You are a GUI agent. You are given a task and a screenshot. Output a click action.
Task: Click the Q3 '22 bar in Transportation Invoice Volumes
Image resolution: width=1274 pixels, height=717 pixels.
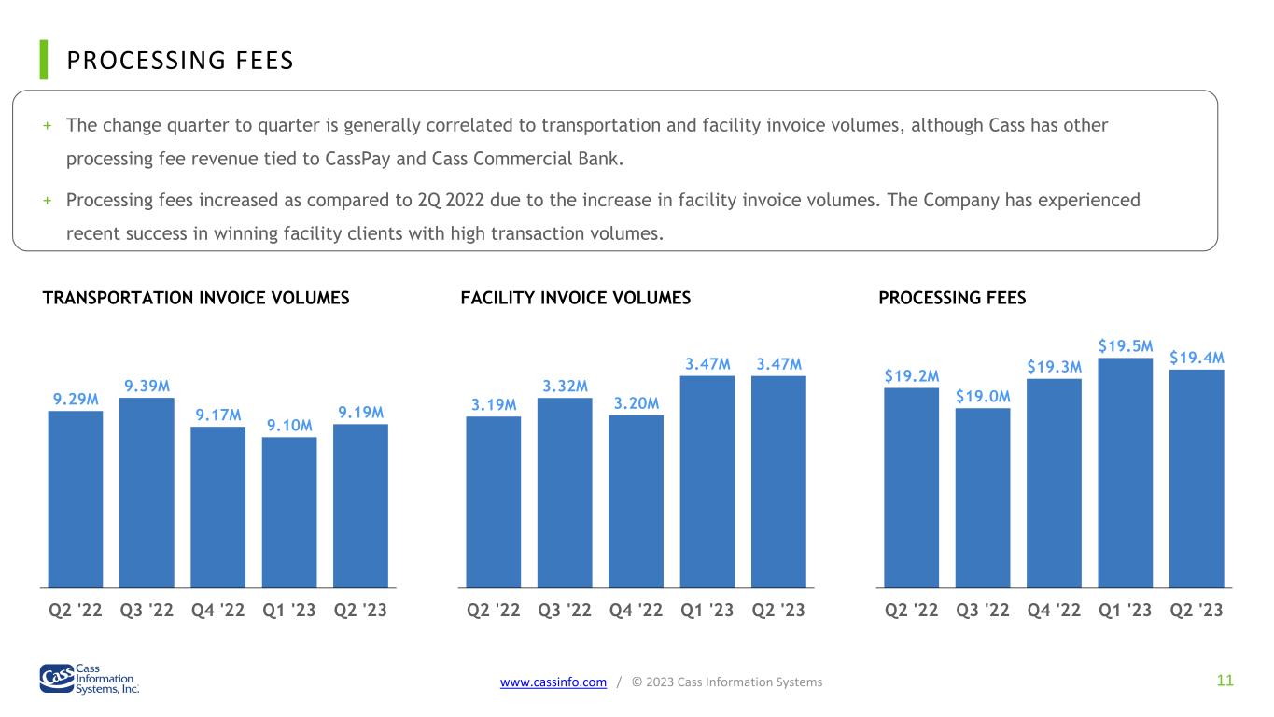147,493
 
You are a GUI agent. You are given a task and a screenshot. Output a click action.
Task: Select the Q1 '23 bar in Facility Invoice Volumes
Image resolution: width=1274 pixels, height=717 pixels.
707,482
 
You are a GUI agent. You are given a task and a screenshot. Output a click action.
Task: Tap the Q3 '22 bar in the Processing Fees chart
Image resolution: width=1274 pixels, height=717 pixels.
983,498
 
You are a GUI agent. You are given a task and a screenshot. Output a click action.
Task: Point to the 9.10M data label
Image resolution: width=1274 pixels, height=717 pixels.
289,426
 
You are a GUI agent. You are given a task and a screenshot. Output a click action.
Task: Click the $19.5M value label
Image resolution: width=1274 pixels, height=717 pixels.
1126,346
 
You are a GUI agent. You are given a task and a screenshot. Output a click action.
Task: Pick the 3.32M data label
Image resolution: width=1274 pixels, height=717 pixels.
565,387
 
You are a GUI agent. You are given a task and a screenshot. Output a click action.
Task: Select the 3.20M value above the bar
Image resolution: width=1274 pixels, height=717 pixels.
636,403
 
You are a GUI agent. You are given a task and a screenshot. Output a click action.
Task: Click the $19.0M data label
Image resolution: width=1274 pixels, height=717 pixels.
983,396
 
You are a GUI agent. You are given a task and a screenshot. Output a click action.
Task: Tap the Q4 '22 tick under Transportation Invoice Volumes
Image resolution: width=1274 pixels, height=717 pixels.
217,610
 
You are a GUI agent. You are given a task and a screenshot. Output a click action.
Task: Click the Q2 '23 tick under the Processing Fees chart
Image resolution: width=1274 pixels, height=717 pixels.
1197,610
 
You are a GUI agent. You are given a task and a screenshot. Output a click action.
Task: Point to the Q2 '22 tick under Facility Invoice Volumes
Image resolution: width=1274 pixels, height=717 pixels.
493,610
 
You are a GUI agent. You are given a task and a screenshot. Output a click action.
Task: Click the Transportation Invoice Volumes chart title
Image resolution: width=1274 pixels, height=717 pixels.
196,298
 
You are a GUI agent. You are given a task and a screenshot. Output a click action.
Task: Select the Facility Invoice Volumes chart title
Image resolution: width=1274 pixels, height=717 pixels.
576,298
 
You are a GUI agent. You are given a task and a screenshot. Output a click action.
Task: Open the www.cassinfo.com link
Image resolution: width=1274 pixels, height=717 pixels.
553,682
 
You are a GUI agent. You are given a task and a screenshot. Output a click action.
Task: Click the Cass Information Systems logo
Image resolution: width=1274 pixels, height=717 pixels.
90,679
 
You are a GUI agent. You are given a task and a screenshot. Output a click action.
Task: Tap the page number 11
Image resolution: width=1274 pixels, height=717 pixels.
1225,681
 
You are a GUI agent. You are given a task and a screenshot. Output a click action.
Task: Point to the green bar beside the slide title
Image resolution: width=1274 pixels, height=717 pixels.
44,60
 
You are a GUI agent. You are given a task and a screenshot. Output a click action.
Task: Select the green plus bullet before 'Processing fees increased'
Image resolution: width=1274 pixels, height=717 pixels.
48,201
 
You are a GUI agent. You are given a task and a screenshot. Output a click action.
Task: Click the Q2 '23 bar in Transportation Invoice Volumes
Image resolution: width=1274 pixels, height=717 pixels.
360,506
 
